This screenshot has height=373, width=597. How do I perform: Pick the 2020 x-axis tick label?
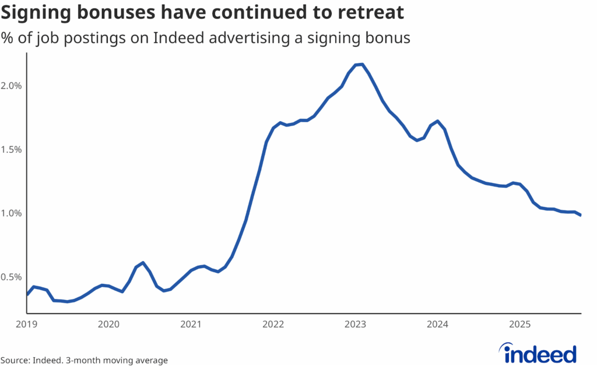click(x=109, y=323)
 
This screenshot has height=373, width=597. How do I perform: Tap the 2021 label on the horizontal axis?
click(x=191, y=323)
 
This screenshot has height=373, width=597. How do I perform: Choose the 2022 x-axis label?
click(x=273, y=323)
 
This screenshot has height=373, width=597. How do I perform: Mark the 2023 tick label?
click(x=355, y=323)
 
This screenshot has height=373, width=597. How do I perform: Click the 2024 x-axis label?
click(x=437, y=323)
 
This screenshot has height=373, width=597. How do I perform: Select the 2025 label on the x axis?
click(x=519, y=323)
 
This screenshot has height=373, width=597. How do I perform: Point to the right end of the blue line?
click(x=580, y=215)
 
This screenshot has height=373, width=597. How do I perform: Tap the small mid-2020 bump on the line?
click(x=143, y=263)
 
